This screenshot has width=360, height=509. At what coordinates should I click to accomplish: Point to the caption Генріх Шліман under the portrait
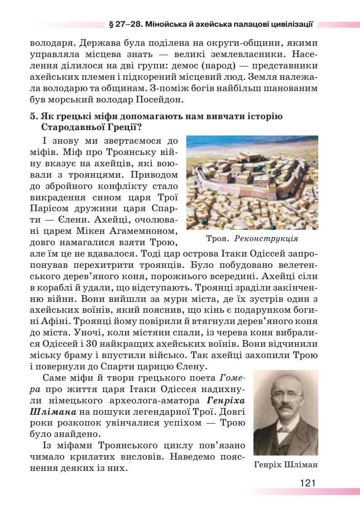[286, 465]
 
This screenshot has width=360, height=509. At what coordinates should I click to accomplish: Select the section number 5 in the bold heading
[33, 116]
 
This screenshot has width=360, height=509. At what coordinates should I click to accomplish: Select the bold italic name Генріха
[227, 400]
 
